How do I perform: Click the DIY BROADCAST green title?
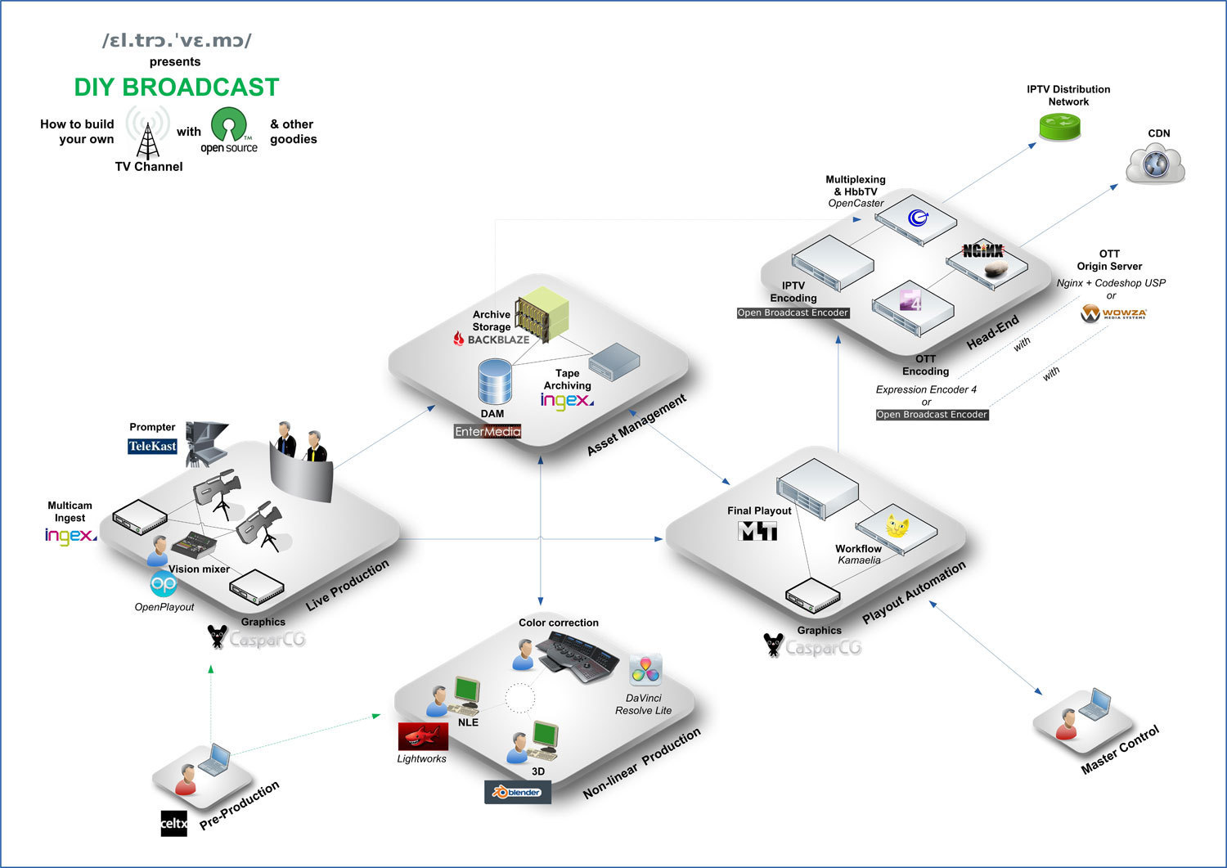pyautogui.click(x=177, y=88)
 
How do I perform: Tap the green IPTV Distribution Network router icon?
pyautogui.click(x=1059, y=127)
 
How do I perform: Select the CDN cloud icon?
pyautogui.click(x=1155, y=162)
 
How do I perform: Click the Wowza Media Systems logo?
pyautogui.click(x=1113, y=313)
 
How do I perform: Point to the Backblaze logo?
pyautogui.click(x=492, y=340)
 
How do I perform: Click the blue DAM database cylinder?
pyautogui.click(x=495, y=381)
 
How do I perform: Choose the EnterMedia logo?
pyautogui.click(x=488, y=431)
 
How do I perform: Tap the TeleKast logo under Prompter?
pyautogui.click(x=152, y=446)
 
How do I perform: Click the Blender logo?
pyautogui.click(x=517, y=792)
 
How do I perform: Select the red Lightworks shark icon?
pyautogui.click(x=423, y=736)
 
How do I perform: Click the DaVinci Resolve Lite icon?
pyautogui.click(x=645, y=671)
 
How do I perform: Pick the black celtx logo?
pyautogui.click(x=173, y=823)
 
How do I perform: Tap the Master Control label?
pyautogui.click(x=1120, y=749)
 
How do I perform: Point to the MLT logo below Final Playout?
pyautogui.click(x=757, y=532)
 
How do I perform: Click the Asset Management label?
pyautogui.click(x=636, y=425)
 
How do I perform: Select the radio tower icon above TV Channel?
pyautogui.click(x=148, y=135)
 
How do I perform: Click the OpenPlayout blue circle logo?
pyautogui.click(x=164, y=584)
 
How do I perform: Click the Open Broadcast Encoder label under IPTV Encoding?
pyautogui.click(x=793, y=313)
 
